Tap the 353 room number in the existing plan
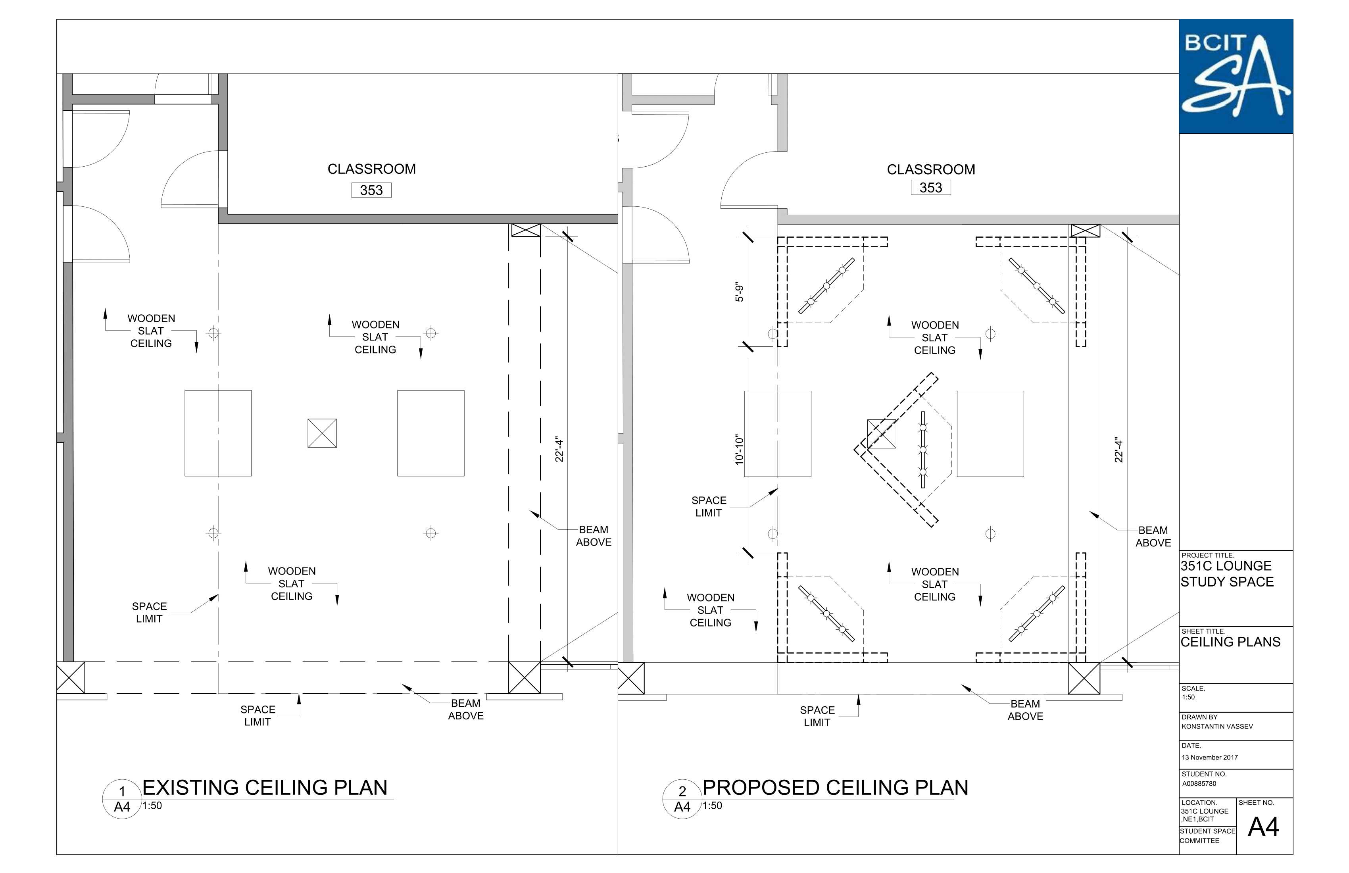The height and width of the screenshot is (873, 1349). tap(371, 190)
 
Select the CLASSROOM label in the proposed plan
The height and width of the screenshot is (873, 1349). tap(931, 169)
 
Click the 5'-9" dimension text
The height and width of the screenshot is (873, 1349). tap(739, 292)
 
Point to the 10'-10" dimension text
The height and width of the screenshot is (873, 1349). tap(739, 450)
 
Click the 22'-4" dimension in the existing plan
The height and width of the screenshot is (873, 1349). tap(559, 450)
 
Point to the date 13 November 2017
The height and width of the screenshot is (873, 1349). tap(1210, 758)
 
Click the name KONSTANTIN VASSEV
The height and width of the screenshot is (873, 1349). tap(1217, 726)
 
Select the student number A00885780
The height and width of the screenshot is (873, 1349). tap(1199, 784)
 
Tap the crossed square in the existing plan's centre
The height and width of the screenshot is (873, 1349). tap(322, 433)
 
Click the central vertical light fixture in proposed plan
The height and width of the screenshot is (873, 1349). tap(923, 450)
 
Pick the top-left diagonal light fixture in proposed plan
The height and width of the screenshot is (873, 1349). tap(826, 286)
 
